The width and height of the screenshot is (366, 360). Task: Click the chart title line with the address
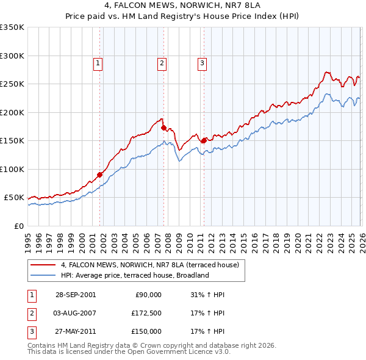point(183,7)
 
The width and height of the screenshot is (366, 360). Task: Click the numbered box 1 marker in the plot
point(98,62)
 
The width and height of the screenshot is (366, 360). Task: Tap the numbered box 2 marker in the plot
point(162,62)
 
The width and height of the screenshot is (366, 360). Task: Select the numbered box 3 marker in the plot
point(202,62)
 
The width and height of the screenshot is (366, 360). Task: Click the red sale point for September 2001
point(100,175)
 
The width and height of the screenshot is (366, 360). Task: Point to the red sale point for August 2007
point(163,128)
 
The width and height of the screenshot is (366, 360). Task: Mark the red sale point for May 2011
point(204,140)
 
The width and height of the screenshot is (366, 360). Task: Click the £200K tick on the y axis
point(13,112)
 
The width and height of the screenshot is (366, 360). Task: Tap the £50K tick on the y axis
point(15,198)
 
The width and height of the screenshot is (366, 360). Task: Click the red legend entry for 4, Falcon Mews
point(153,265)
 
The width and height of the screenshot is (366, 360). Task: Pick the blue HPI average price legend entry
point(135,275)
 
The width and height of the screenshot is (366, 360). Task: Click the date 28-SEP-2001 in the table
point(75,295)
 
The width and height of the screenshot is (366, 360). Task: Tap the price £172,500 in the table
point(147,313)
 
